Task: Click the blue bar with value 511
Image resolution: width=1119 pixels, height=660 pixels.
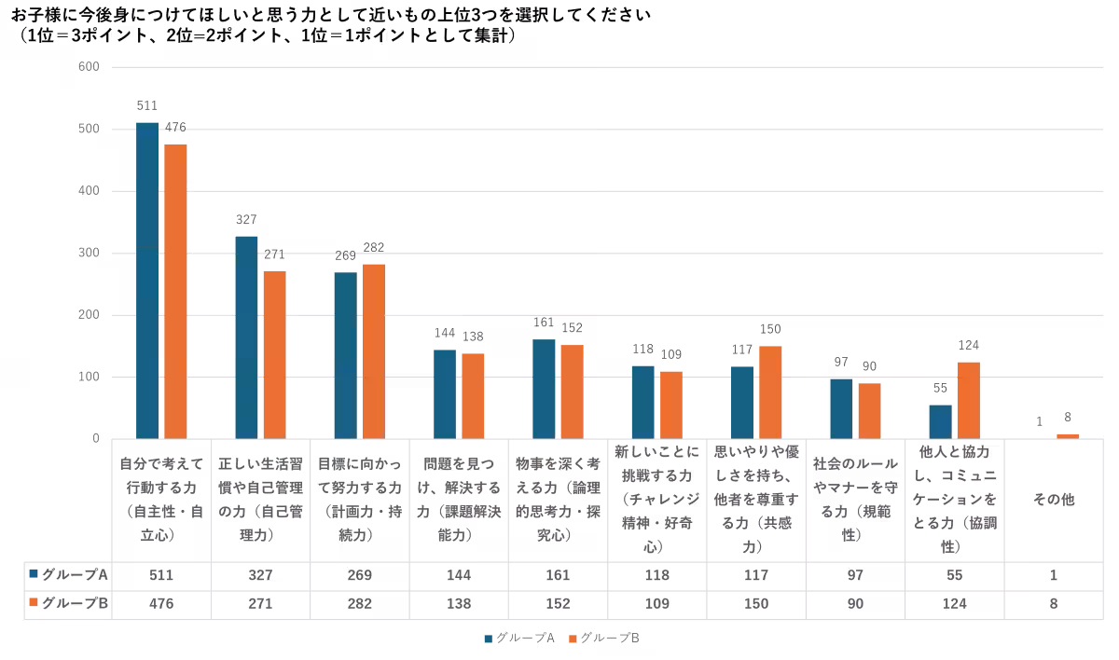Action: pos(147,280)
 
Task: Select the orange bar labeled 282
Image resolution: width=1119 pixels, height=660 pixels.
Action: pos(374,351)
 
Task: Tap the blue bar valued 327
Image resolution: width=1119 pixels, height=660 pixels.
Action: pos(246,337)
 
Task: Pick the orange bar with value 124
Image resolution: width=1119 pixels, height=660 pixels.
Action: pos(968,400)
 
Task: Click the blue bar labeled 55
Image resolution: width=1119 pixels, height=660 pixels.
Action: pos(940,421)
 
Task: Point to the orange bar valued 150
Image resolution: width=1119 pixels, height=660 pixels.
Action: pos(770,392)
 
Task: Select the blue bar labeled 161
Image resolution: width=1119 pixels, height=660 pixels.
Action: pos(544,389)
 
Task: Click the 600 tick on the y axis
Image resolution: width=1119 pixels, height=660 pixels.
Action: pos(89,67)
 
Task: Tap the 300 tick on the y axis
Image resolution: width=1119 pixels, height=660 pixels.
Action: pos(89,254)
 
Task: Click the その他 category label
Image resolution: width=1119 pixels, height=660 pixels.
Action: pos(1053,500)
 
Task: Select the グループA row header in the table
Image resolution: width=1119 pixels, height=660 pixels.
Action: pos(69,575)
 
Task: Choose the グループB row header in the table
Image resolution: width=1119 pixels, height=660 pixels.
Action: pos(69,603)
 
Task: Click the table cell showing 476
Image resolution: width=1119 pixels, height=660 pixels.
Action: pos(162,603)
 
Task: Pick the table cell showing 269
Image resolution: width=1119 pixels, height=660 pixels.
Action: pos(360,575)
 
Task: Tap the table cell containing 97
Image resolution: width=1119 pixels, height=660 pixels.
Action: pos(855,575)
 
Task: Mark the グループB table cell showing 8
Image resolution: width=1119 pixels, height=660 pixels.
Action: pos(1053,603)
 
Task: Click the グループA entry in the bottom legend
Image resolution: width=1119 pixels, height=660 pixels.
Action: pos(518,639)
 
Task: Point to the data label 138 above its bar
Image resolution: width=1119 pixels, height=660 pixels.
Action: pos(473,337)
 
